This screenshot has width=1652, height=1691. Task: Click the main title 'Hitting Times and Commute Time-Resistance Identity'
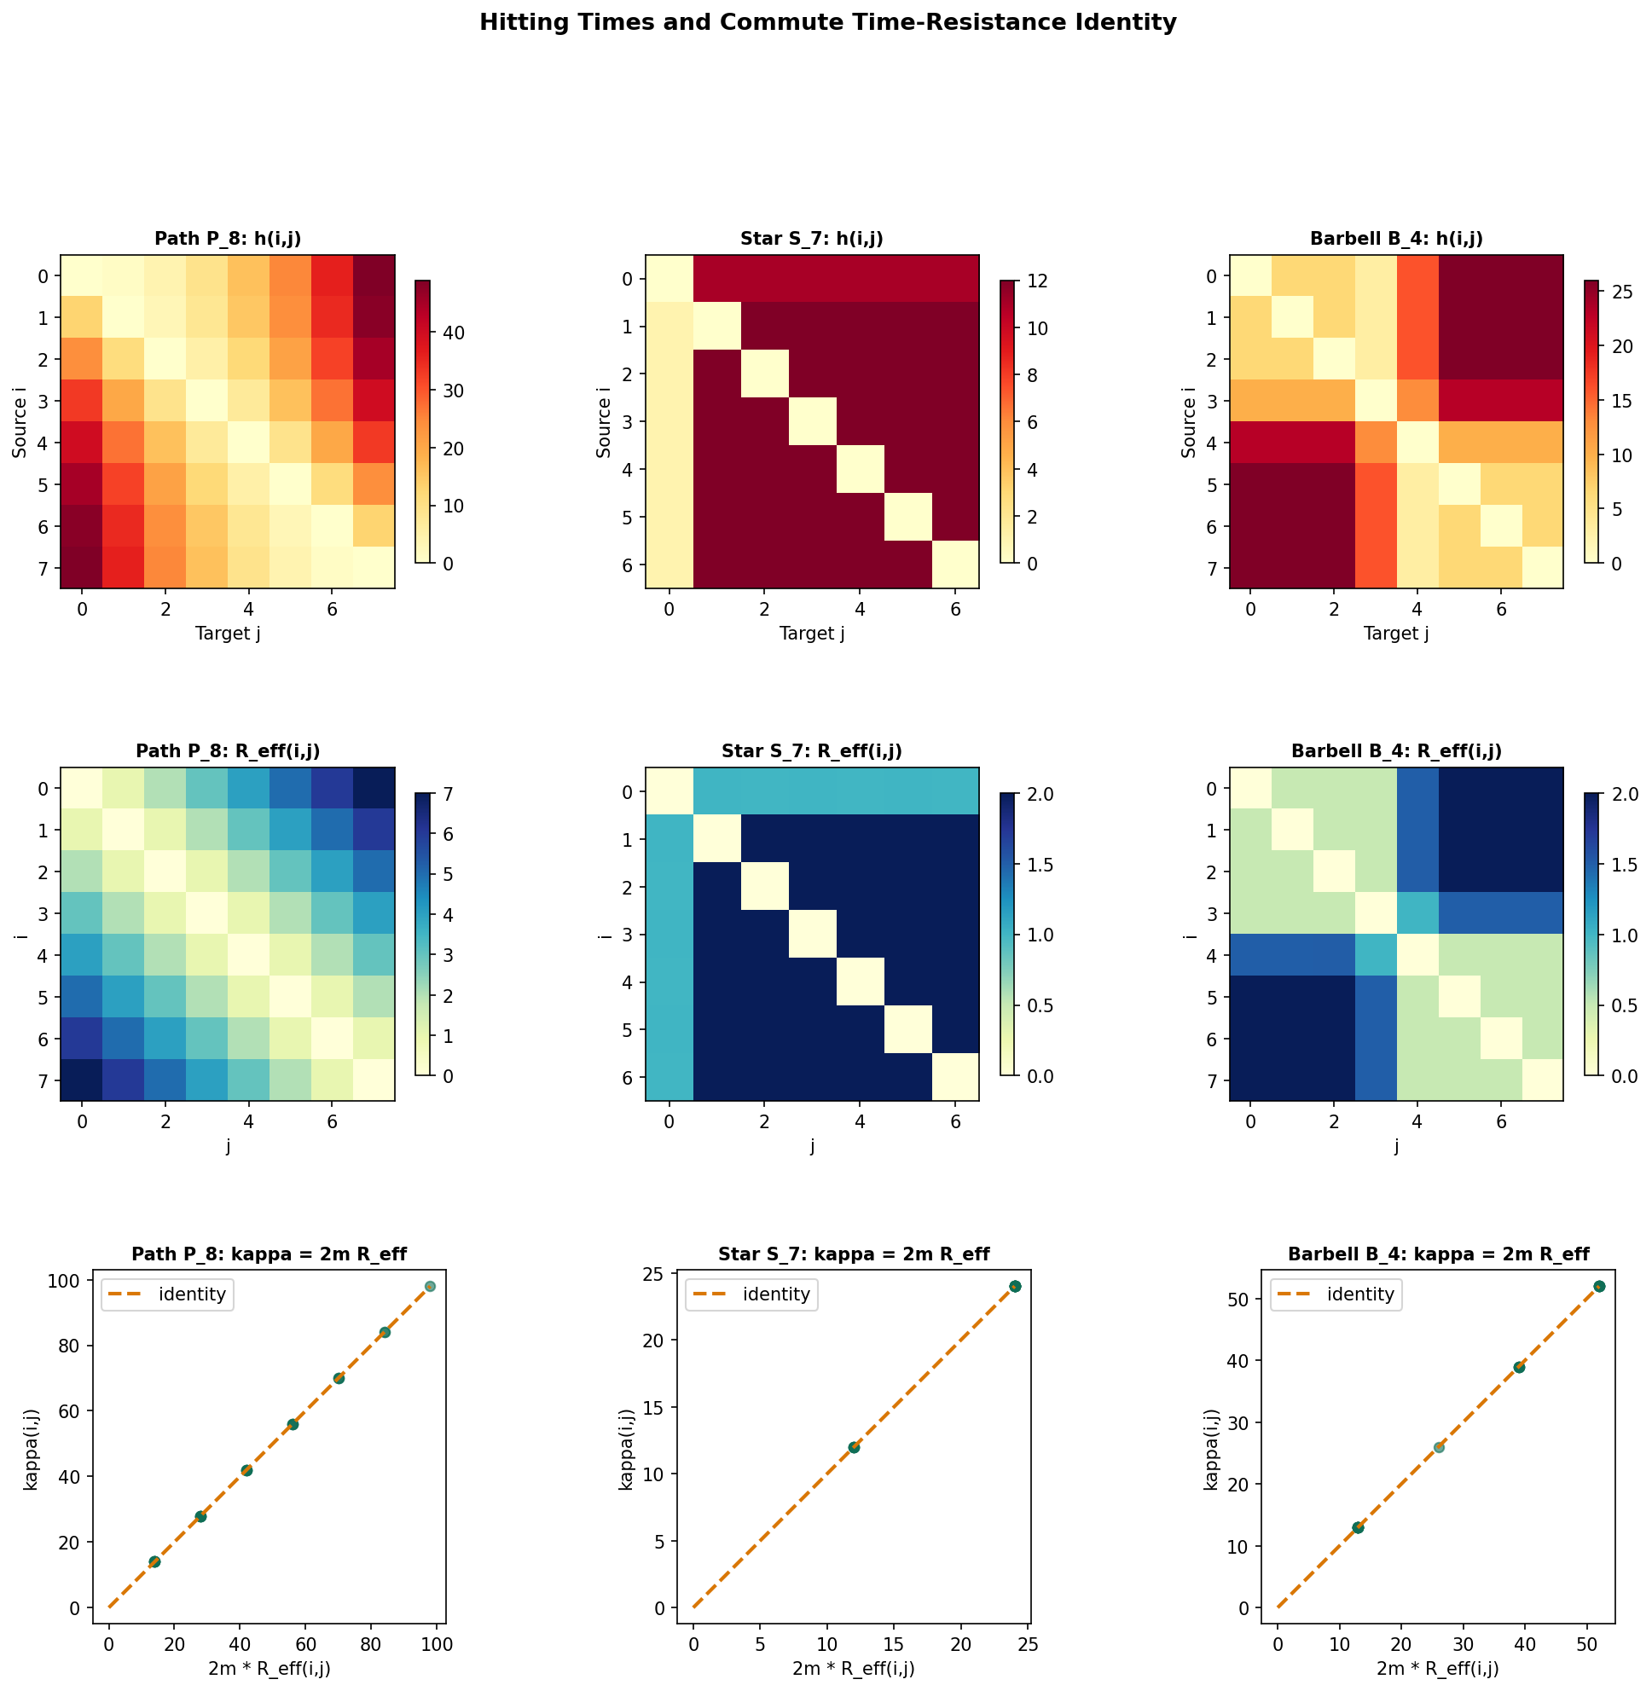click(x=827, y=23)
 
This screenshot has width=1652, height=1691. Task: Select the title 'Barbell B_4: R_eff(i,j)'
click(x=1396, y=751)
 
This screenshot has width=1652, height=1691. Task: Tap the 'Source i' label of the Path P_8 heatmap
click(x=19, y=420)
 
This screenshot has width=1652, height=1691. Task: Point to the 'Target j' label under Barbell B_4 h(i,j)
click(x=1396, y=634)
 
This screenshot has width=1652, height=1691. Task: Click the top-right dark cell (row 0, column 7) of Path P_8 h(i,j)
click(x=374, y=276)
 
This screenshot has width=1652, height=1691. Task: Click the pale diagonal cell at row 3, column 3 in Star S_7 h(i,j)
click(x=812, y=421)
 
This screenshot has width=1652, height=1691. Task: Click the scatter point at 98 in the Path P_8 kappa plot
click(x=430, y=1286)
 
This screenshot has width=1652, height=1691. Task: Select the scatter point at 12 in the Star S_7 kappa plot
click(x=854, y=1447)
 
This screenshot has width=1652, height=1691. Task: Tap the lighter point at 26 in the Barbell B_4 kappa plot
click(x=1439, y=1447)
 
